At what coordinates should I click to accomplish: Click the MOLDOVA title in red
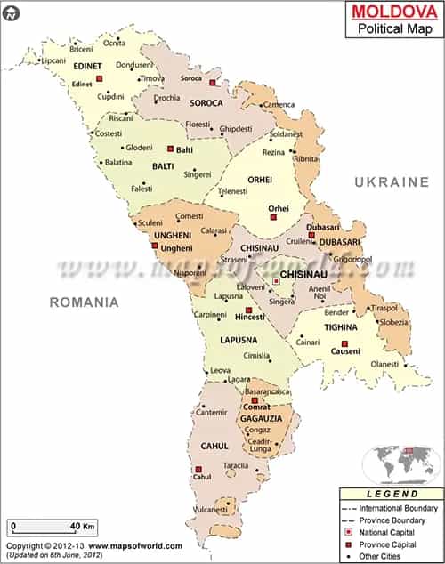[x=390, y=12]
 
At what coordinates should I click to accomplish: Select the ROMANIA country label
[x=85, y=302]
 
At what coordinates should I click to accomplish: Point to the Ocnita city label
[x=114, y=43]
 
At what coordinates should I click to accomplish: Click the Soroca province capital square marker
[x=213, y=83]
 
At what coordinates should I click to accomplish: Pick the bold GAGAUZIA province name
[x=261, y=417]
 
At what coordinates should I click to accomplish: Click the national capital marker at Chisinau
[x=276, y=282]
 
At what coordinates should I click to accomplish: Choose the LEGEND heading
[x=392, y=493]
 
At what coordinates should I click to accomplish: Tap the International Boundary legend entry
[x=398, y=508]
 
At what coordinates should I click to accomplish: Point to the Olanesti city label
[x=385, y=364]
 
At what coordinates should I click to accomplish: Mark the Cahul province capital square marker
[x=198, y=469]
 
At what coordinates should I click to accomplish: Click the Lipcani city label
[x=54, y=60]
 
